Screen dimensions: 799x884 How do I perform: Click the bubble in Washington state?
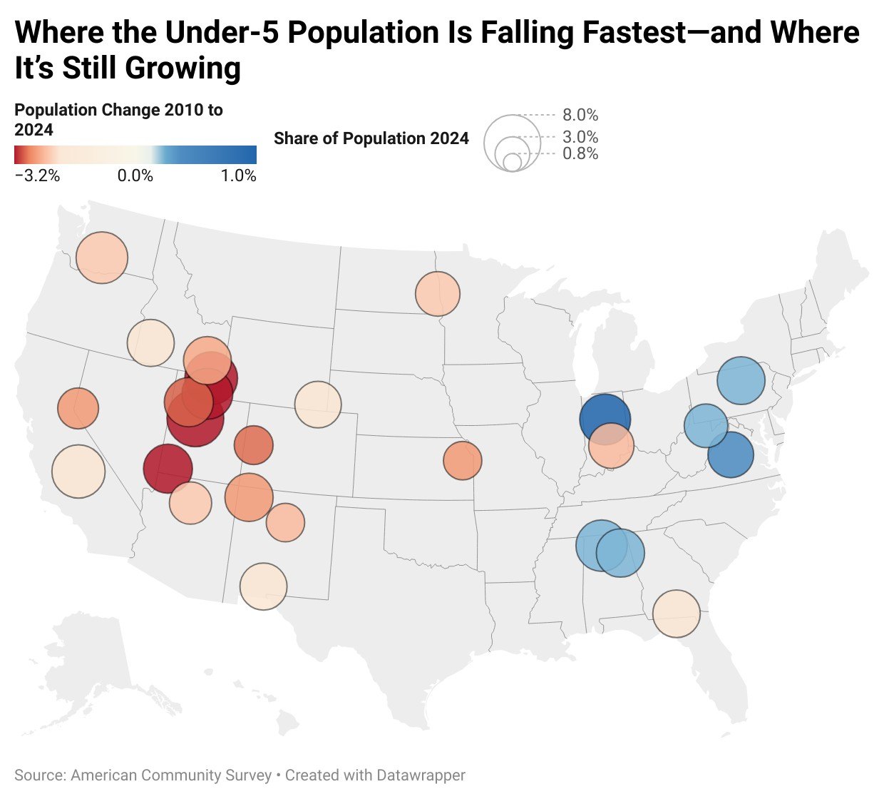click(102, 258)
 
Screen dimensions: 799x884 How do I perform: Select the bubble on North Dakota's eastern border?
click(438, 293)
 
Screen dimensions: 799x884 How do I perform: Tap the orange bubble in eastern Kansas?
click(463, 460)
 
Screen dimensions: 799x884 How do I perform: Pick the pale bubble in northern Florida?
click(677, 614)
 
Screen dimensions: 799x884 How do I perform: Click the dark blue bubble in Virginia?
click(731, 455)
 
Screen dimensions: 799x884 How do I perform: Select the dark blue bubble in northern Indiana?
click(605, 418)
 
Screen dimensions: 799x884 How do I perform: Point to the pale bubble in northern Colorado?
click(318, 404)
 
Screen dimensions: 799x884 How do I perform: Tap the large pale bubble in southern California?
click(78, 471)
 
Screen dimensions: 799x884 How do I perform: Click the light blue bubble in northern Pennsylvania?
click(741, 381)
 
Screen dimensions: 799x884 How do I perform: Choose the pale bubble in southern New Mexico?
click(264, 586)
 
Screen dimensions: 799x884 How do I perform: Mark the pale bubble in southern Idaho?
click(150, 343)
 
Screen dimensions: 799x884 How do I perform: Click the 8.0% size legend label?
click(580, 115)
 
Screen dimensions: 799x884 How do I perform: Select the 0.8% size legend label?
click(580, 153)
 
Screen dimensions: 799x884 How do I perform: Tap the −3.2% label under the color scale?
click(37, 175)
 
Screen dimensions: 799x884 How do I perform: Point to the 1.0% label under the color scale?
click(238, 175)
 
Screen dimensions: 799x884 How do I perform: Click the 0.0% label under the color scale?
click(135, 175)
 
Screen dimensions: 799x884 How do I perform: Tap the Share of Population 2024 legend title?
click(371, 138)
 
